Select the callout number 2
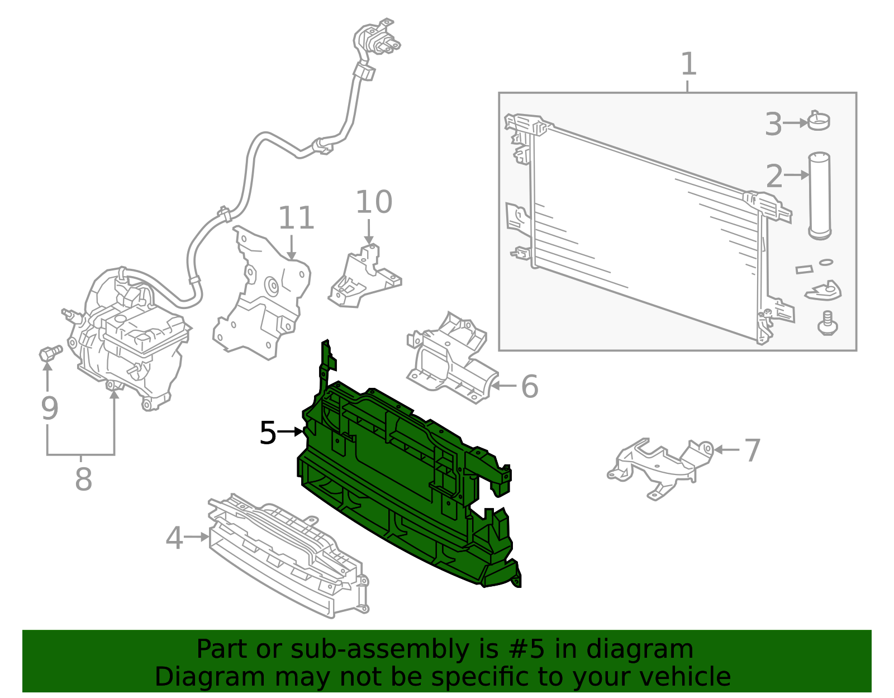click(774, 176)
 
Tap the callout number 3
click(773, 124)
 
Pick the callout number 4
click(174, 538)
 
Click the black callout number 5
click(268, 433)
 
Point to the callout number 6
click(529, 386)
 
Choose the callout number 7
click(753, 450)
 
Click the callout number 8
click(83, 479)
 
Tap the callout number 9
click(49, 408)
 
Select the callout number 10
click(374, 202)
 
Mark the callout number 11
click(296, 217)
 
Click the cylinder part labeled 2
click(819, 196)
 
